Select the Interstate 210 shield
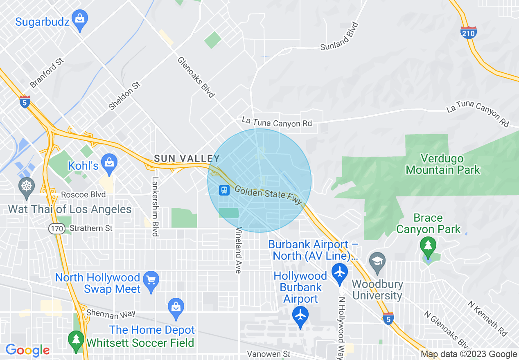tap(468, 33)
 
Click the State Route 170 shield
tap(56, 228)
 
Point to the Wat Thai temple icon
tap(27, 186)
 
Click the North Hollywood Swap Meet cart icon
tap(151, 281)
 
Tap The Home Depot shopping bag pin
tap(176, 307)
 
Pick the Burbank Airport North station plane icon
tap(339, 272)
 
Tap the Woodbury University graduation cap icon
tap(377, 261)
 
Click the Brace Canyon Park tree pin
tap(428, 246)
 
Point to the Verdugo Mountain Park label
tap(443, 164)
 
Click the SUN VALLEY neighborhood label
tap(187, 158)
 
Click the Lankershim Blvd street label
tap(155, 207)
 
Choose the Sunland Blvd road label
tap(339, 37)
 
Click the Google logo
tap(27, 351)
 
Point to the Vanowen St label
tap(269, 354)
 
